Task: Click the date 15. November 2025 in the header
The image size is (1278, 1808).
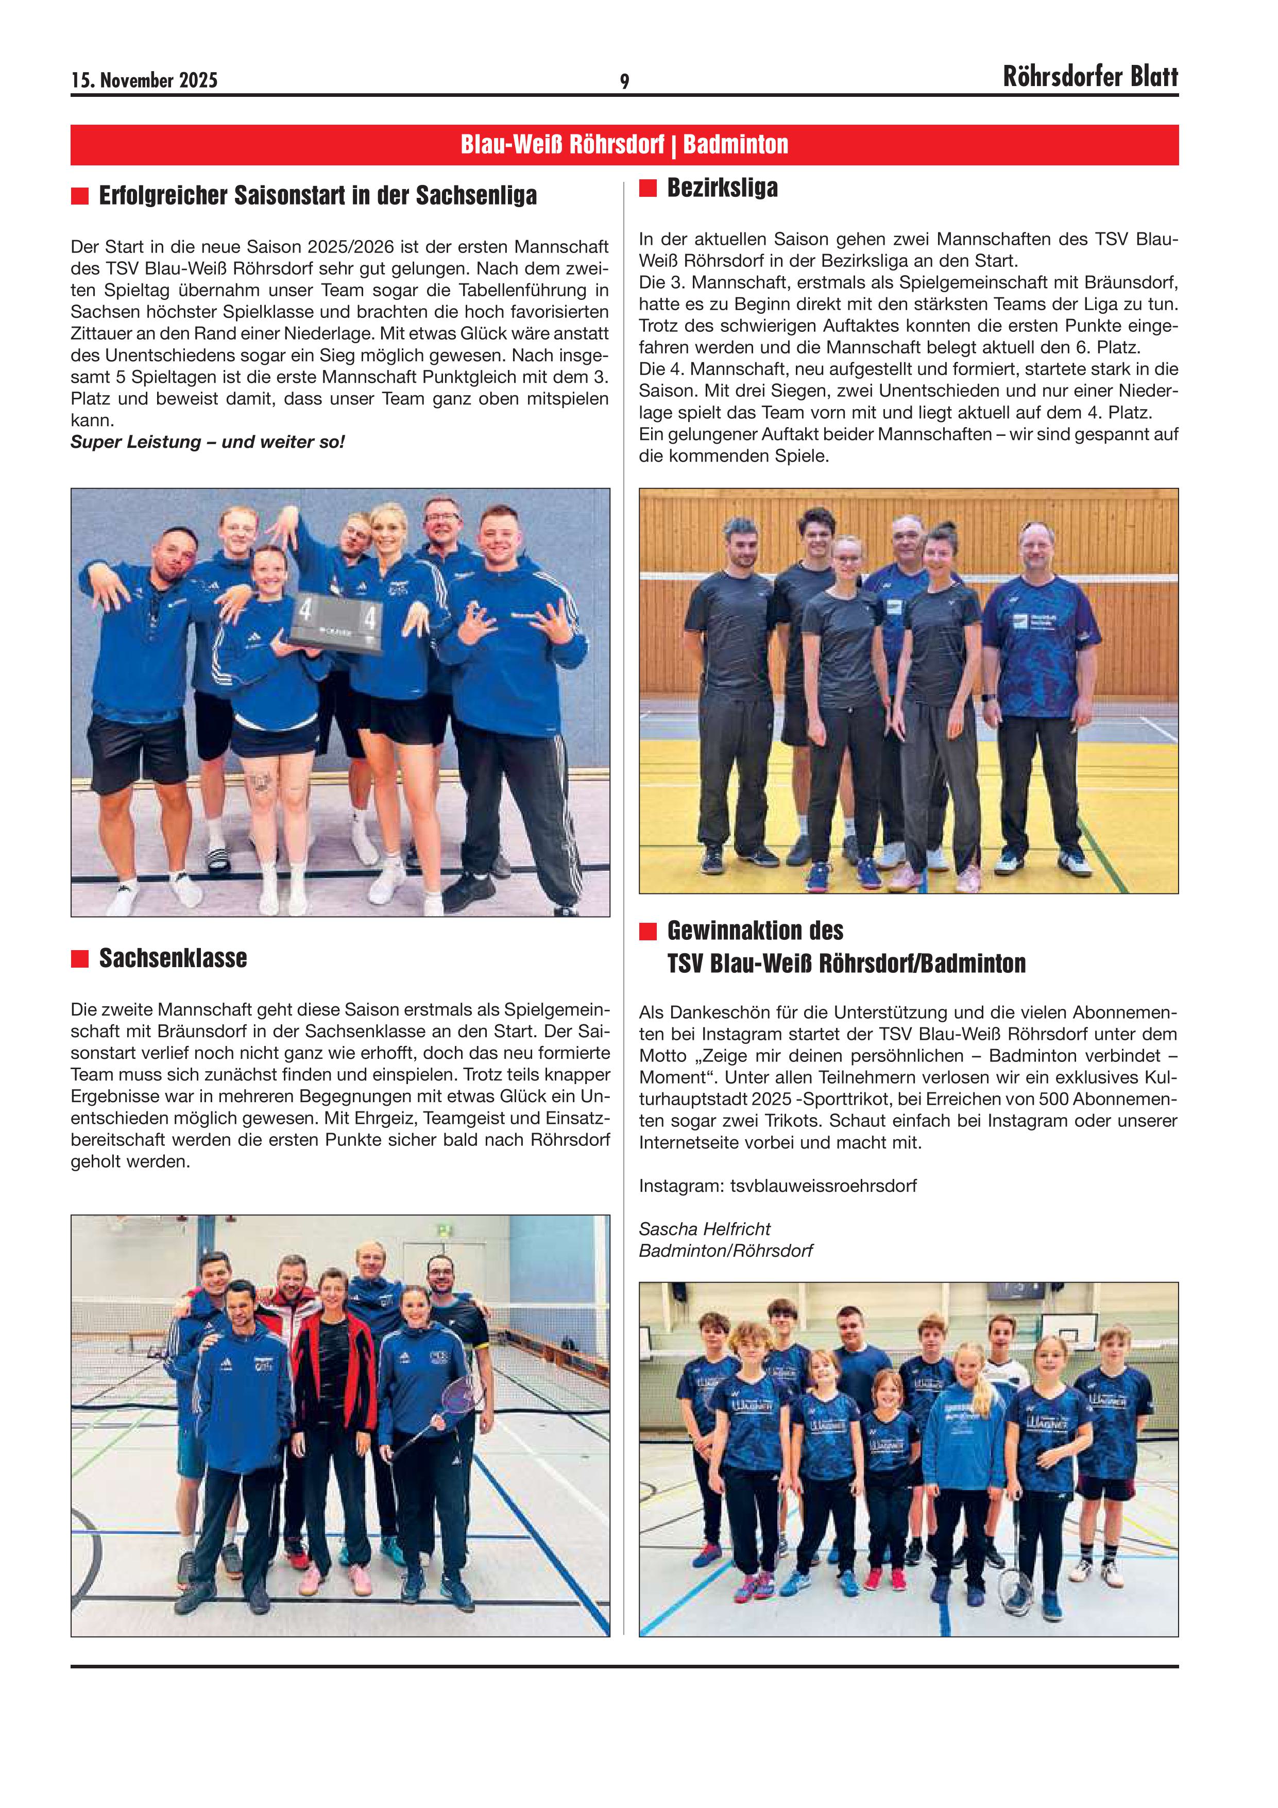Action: point(144,80)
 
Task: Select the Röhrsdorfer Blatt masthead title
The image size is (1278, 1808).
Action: point(1090,77)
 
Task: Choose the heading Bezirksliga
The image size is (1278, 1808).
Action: point(722,188)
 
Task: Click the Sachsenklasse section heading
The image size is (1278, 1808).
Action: point(173,958)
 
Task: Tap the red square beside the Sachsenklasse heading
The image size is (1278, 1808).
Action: point(79,958)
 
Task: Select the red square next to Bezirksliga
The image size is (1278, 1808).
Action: point(647,188)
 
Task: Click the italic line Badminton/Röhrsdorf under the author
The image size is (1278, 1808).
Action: point(725,1251)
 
